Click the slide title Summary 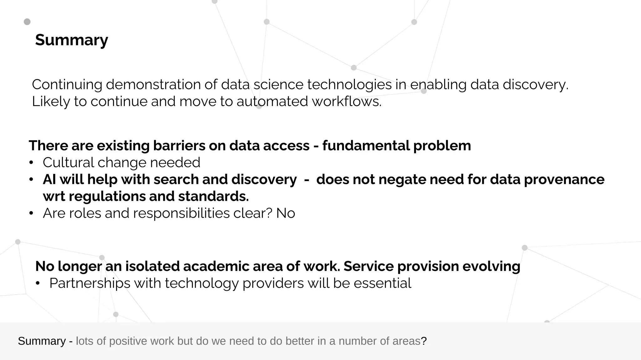71,40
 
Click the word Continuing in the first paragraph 67,85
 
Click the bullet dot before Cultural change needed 31,163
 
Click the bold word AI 49,180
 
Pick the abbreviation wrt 54,196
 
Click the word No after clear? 285,213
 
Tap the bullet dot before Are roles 31,213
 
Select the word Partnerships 90,283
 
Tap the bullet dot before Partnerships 38,283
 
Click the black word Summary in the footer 42,341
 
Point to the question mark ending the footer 424,341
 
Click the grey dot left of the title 27,22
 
